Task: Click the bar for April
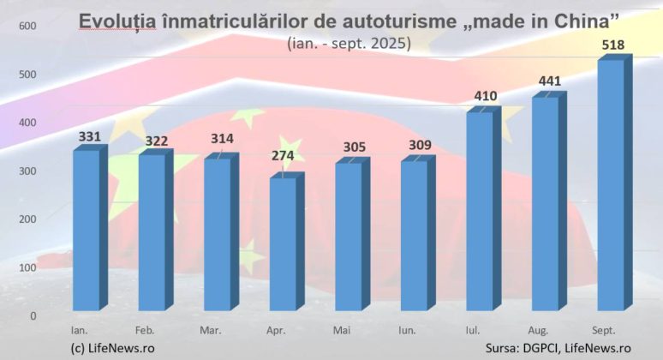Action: click(x=282, y=243)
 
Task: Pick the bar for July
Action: click(x=479, y=211)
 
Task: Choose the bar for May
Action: click(x=348, y=236)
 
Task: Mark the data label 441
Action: click(x=550, y=81)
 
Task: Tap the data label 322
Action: click(x=156, y=141)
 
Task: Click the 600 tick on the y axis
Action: click(x=27, y=26)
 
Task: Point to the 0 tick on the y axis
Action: click(x=33, y=315)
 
